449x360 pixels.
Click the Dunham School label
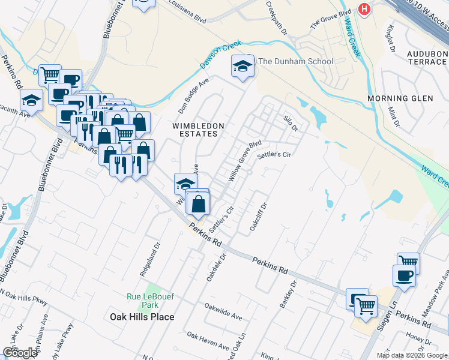pos(295,61)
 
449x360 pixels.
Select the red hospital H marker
pos(363,9)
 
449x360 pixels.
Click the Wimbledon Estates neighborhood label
pos(198,130)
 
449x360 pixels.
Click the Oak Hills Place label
pos(142,317)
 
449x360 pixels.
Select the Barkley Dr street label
pos(289,295)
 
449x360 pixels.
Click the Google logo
pos(20,353)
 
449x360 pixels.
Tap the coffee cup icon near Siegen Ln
pos(403,275)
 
